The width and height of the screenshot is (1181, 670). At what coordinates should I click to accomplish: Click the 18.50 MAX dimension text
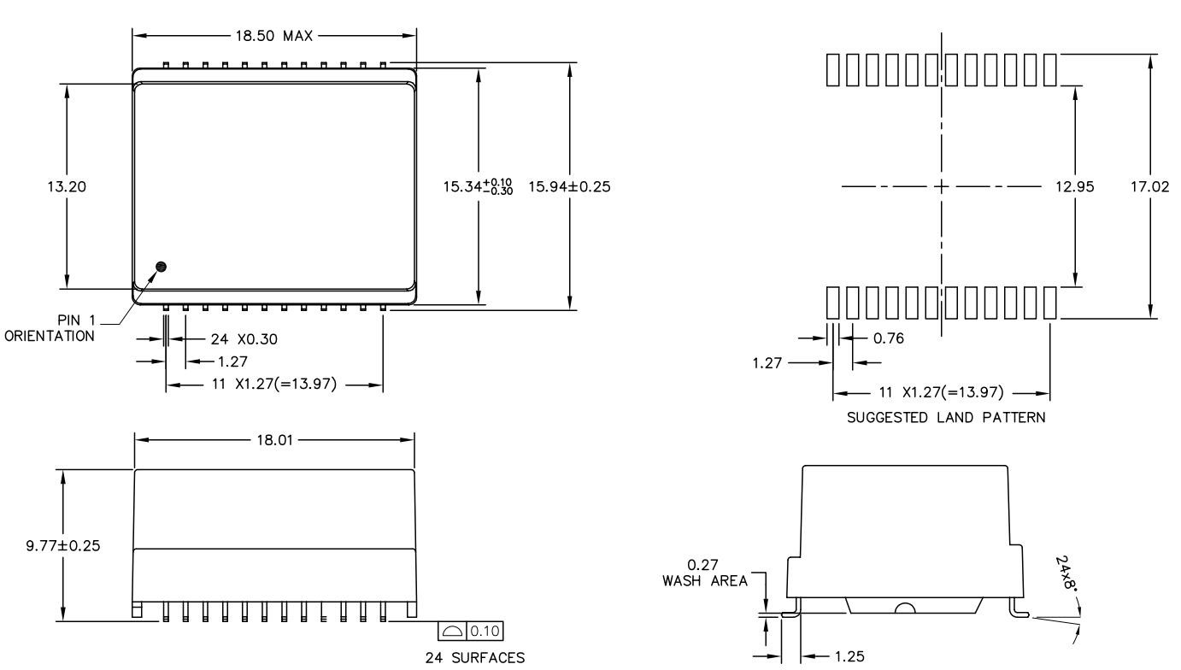click(x=274, y=35)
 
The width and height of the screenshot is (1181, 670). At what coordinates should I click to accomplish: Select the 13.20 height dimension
click(x=65, y=185)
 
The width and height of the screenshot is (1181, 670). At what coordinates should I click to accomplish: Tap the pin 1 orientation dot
click(x=161, y=267)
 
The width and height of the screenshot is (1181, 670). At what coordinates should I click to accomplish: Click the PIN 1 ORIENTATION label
click(x=50, y=329)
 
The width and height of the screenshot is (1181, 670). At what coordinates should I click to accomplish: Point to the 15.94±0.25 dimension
click(x=570, y=186)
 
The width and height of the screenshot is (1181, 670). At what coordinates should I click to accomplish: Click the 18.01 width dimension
click(x=275, y=439)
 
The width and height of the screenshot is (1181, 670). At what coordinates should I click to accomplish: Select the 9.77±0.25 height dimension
click(x=61, y=545)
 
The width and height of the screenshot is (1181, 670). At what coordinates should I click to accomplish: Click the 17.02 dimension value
click(x=1149, y=186)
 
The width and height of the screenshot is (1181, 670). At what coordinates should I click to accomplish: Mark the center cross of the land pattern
click(x=942, y=186)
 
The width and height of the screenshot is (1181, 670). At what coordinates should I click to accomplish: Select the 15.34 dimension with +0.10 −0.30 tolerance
click(x=477, y=186)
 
